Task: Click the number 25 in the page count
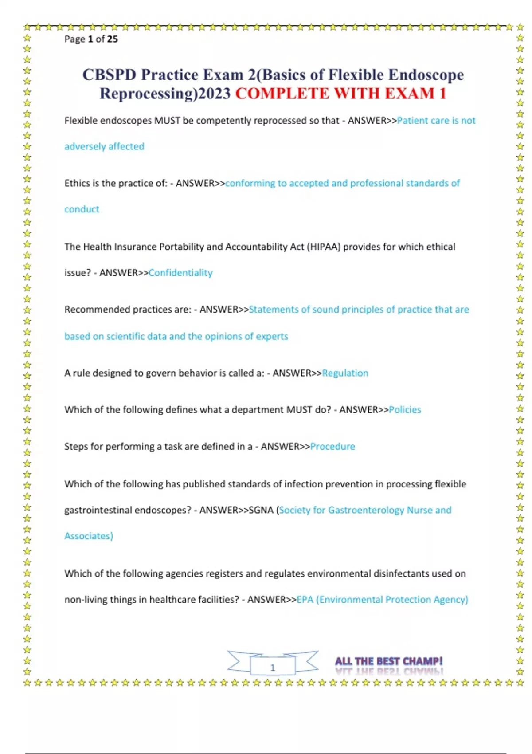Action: (x=112, y=39)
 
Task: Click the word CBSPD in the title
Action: (x=109, y=75)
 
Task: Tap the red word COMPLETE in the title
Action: (x=282, y=94)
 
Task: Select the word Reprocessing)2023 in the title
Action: (x=165, y=94)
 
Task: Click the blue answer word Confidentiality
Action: (x=180, y=273)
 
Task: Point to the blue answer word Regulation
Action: (x=345, y=373)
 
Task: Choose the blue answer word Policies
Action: (x=405, y=410)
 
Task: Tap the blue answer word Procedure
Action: (x=332, y=447)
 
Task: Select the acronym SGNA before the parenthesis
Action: (x=261, y=510)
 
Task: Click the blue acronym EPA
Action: (x=305, y=600)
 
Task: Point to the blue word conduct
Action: (x=82, y=209)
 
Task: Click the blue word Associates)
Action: (x=89, y=536)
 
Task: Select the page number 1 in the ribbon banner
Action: (x=273, y=668)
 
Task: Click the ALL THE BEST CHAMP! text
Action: (x=389, y=661)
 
